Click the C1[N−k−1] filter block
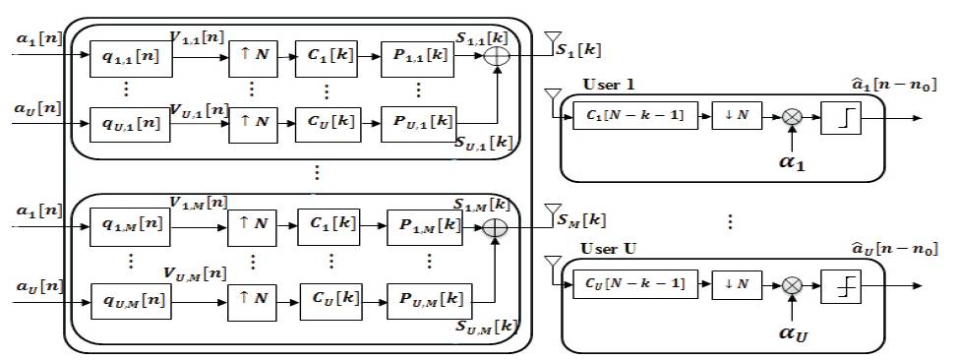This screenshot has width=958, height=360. (x=635, y=116)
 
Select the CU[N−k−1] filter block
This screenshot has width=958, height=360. (x=635, y=284)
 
